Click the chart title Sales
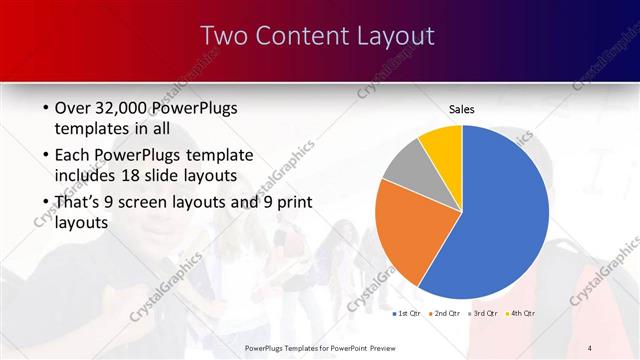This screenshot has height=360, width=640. [461, 109]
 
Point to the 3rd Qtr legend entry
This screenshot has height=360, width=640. [483, 315]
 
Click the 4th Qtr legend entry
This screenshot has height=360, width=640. [521, 315]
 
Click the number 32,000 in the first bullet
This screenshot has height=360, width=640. [121, 109]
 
